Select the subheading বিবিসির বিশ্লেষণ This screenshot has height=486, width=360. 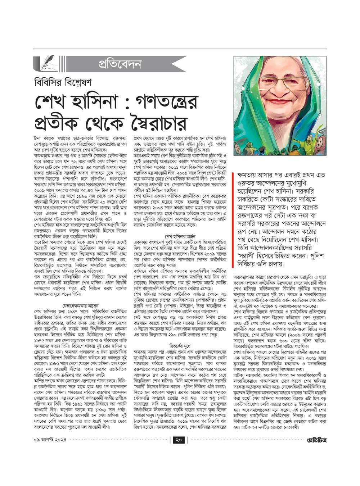point(63,83)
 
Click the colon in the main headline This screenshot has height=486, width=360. point(125,104)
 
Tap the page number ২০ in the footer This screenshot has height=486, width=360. point(179,440)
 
